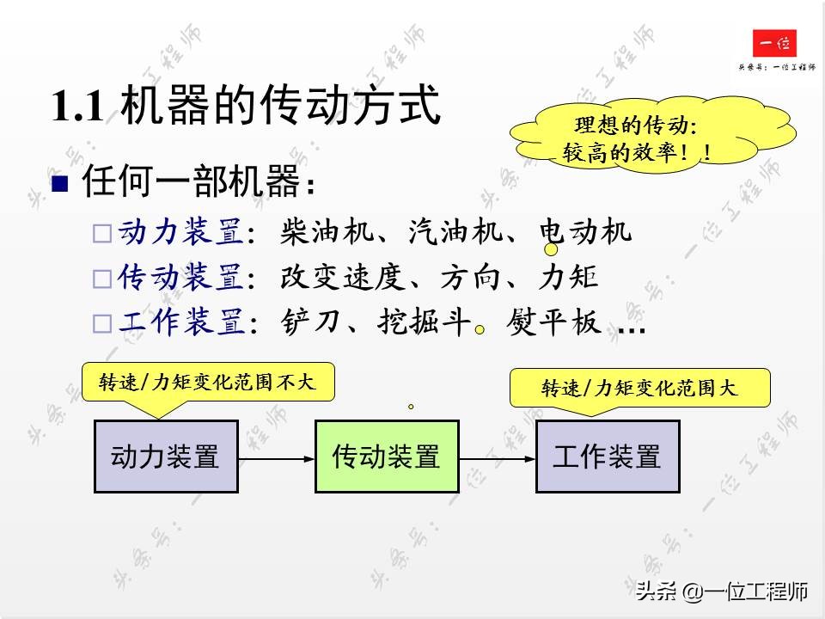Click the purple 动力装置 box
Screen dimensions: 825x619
pyautogui.click(x=166, y=457)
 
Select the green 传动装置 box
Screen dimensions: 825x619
pyautogui.click(x=387, y=457)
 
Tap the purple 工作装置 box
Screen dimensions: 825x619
pyautogui.click(x=608, y=457)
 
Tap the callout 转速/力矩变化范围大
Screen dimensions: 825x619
pyautogui.click(x=639, y=389)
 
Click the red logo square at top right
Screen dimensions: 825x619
pyautogui.click(x=774, y=44)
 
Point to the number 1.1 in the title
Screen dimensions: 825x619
pyautogui.click(x=79, y=107)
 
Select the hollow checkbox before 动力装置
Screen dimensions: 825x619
pyautogui.click(x=102, y=234)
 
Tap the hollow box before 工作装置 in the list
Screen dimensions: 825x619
pyautogui.click(x=102, y=324)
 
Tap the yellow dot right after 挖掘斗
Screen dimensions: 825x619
pyautogui.click(x=481, y=328)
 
